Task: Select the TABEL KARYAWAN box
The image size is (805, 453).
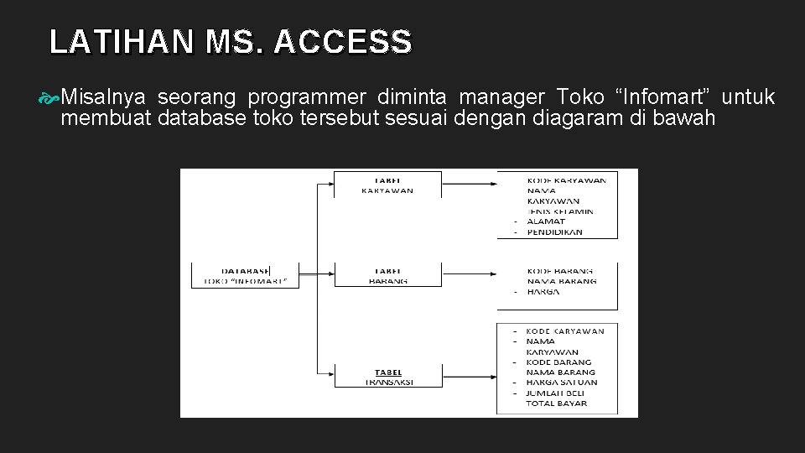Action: click(387, 185)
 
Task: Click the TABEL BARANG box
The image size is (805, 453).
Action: click(387, 275)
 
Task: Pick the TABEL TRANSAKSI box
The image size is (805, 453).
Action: click(387, 377)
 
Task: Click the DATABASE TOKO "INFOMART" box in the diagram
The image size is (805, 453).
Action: click(246, 275)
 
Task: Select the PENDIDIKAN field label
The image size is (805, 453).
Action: click(554, 232)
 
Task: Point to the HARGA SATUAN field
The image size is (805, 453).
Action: click(562, 383)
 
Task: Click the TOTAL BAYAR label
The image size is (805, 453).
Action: click(557, 404)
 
